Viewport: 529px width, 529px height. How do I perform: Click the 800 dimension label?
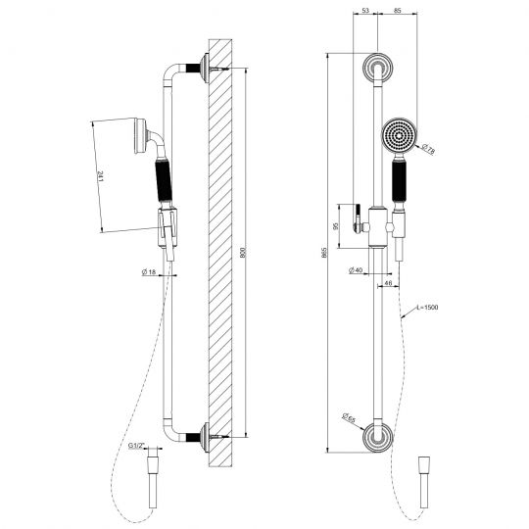click(244, 253)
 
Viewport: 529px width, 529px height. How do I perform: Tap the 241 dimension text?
click(100, 176)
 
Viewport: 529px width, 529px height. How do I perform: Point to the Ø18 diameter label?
click(151, 271)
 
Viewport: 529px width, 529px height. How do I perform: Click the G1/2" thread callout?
click(136, 447)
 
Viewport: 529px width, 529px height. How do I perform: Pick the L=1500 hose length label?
click(424, 308)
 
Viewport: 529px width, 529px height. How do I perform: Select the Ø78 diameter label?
click(428, 150)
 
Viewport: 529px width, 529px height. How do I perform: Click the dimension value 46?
click(389, 283)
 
